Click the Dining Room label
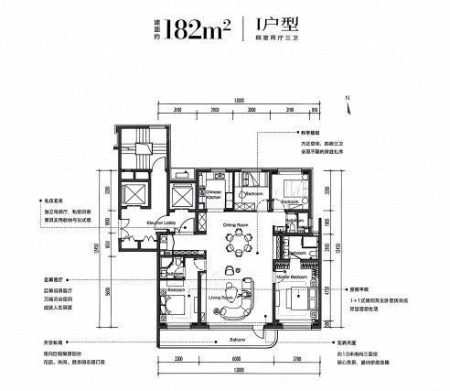pos(236,224)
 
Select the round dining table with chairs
pos(241,244)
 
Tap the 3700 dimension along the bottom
pos(295,359)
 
